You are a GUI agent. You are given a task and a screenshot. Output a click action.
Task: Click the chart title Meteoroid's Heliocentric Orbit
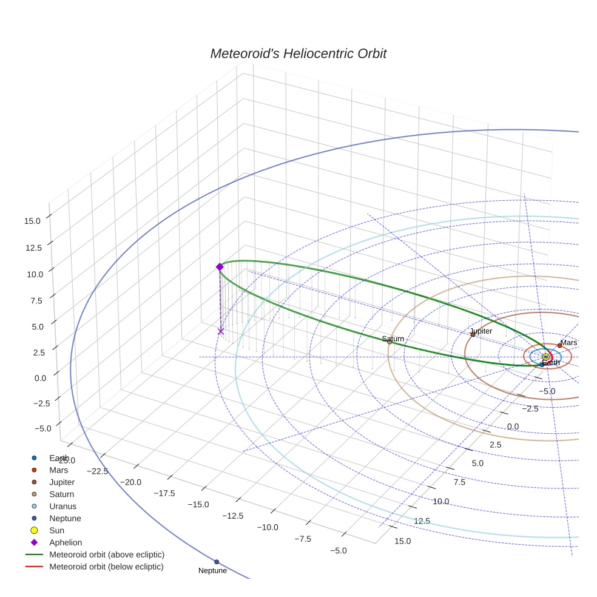pyautogui.click(x=298, y=54)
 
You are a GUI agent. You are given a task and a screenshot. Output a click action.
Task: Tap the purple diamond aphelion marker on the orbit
pyautogui.click(x=220, y=267)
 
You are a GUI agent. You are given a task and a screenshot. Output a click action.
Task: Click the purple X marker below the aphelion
pyautogui.click(x=221, y=331)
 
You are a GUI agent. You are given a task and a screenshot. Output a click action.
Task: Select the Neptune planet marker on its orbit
pyautogui.click(x=217, y=562)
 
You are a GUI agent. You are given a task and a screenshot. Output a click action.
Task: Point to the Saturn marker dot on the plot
pyautogui.click(x=390, y=342)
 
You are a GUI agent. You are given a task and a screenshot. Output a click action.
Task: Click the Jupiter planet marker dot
pyautogui.click(x=473, y=334)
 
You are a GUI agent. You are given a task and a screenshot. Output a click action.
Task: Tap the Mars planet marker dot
pyautogui.click(x=559, y=346)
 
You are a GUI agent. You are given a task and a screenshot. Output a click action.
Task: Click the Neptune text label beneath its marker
pyautogui.click(x=212, y=571)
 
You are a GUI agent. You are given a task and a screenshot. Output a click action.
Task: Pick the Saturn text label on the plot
pyautogui.click(x=393, y=339)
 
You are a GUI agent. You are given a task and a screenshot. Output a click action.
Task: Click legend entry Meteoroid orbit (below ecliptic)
pyautogui.click(x=106, y=567)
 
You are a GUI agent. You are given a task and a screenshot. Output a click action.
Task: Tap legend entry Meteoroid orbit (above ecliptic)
pyautogui.click(x=106, y=555)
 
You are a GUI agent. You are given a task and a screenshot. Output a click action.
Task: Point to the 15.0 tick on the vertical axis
pyautogui.click(x=32, y=221)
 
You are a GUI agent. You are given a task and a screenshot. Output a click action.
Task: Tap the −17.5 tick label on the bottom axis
pyautogui.click(x=164, y=494)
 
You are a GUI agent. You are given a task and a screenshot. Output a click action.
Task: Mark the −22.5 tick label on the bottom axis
pyautogui.click(x=98, y=471)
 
